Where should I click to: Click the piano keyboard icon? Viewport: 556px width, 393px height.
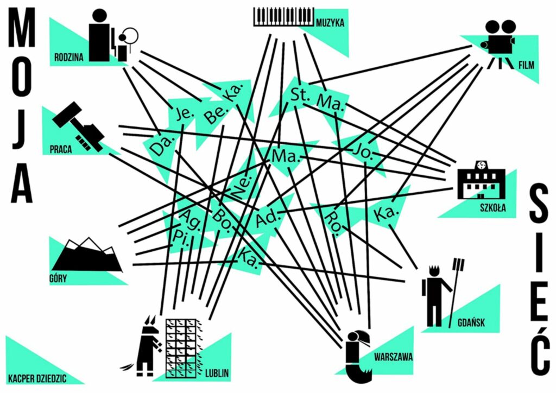coord(284,16)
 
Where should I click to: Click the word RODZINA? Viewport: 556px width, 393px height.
coord(68,56)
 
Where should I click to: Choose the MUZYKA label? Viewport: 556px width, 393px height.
coord(330,23)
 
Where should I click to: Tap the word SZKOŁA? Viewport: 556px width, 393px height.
coord(492,207)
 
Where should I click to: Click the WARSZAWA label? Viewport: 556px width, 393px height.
coord(393,357)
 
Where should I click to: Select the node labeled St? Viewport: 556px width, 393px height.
coord(300,93)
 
